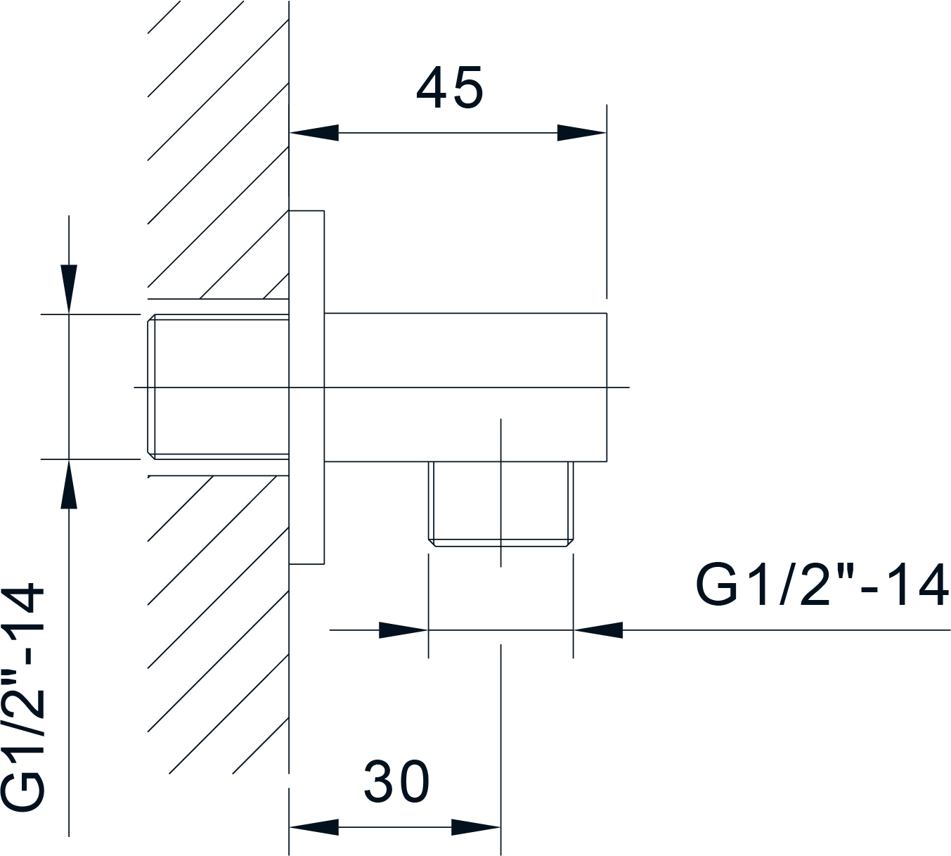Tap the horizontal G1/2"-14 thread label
pos(822,585)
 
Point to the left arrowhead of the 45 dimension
pos(314,133)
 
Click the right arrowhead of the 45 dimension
pos(582,133)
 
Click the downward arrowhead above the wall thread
pos(69,289)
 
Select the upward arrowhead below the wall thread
pos(69,484)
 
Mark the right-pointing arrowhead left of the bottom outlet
pos(403,630)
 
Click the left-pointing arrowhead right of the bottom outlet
pos(598,630)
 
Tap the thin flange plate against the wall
pos(306,387)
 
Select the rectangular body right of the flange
pos(465,387)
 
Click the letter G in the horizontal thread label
pos(713,585)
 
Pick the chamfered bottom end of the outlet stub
pos(500,543)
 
